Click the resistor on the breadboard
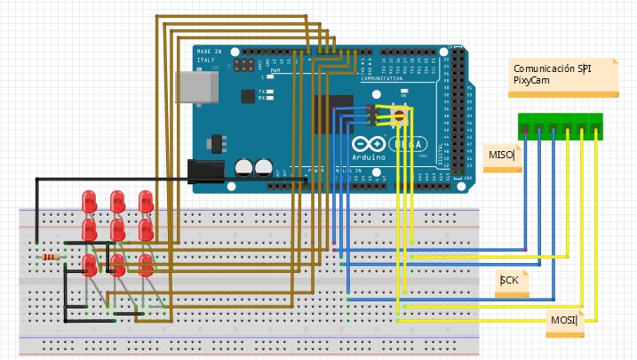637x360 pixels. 52,257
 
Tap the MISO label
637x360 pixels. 502,156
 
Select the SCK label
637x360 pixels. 509,281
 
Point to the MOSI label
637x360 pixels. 564,320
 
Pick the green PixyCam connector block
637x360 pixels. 561,127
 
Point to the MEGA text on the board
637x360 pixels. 413,143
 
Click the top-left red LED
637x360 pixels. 89,202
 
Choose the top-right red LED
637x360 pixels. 146,202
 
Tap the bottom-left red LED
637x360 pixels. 89,263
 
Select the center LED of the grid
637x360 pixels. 117,231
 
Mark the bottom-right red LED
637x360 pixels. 146,263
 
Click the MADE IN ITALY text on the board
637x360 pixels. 211,57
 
